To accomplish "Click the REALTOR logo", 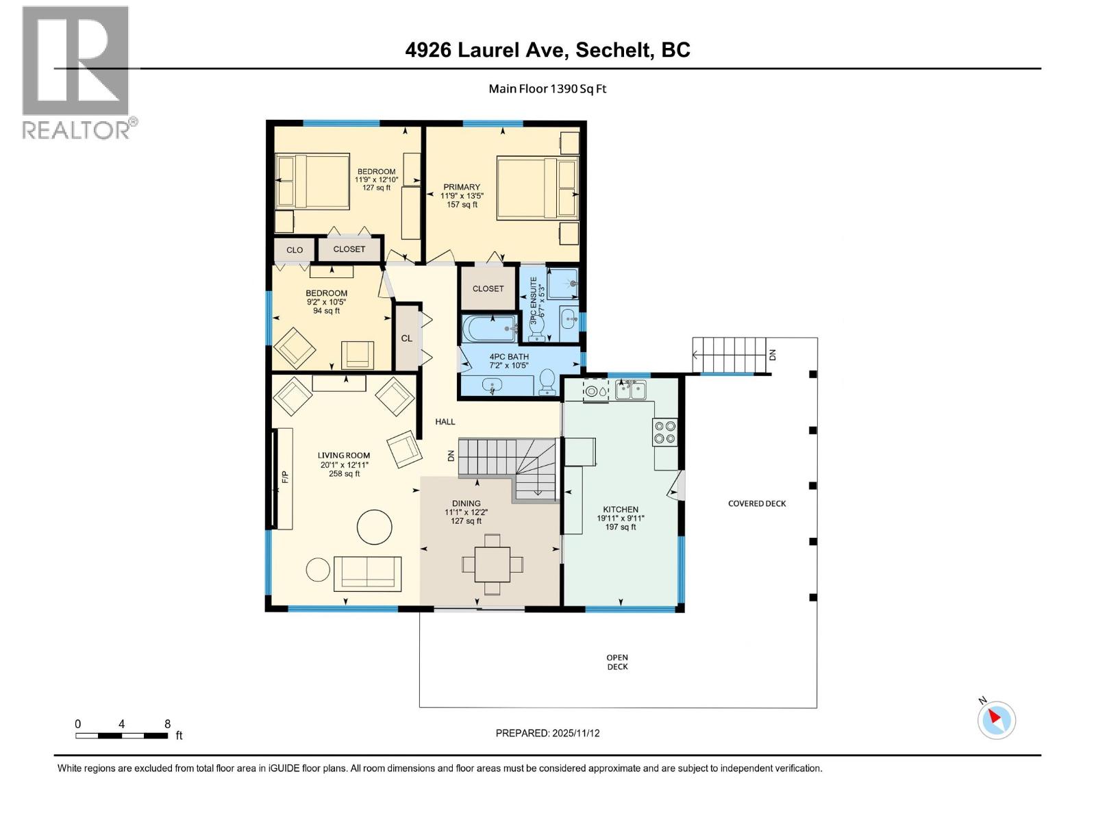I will click(76, 72).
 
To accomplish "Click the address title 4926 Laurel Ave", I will click(547, 50).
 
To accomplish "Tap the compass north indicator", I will click(996, 720).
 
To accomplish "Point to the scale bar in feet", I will click(122, 736).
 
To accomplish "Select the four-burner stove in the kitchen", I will click(665, 432).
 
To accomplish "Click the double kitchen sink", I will click(631, 390).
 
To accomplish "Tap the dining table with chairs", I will click(493, 564).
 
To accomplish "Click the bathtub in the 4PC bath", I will click(489, 329).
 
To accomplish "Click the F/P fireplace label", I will click(285, 477).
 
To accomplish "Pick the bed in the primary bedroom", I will click(537, 188).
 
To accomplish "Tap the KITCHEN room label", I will click(621, 510).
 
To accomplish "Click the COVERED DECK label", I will click(757, 503).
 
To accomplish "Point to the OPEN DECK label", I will click(617, 662).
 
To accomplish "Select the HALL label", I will click(445, 422).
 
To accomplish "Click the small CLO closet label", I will click(295, 250).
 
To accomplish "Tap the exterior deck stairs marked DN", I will click(729, 355).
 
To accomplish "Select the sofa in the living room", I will click(368, 573).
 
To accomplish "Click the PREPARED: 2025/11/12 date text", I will click(547, 733).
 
